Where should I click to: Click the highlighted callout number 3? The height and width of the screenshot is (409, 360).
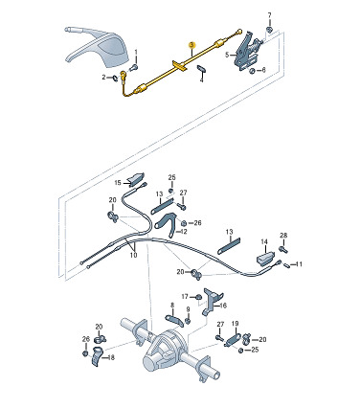(191, 45)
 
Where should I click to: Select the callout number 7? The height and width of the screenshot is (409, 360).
(270, 15)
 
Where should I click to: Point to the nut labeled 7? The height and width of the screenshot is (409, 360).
(269, 30)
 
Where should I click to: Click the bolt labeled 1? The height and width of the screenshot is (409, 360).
(134, 67)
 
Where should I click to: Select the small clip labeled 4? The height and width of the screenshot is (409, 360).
(201, 69)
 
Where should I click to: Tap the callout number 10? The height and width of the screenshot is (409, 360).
(133, 255)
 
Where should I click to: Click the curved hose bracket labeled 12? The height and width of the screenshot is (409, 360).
(167, 222)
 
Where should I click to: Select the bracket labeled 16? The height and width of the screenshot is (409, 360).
(212, 301)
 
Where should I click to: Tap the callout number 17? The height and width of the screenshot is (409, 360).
(185, 297)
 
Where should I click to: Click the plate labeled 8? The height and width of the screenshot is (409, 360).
(174, 320)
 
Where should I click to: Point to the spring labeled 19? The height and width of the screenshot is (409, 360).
(233, 339)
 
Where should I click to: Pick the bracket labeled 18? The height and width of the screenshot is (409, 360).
(97, 356)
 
